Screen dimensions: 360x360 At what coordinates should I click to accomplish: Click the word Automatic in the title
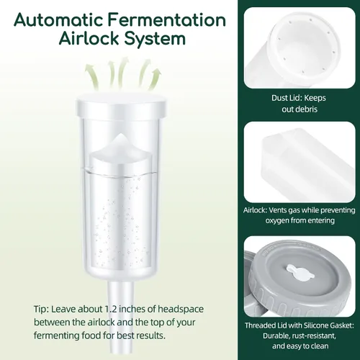(59, 20)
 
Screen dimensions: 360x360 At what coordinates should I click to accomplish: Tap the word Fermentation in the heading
(167, 20)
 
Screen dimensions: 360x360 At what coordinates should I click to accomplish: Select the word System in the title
(155, 39)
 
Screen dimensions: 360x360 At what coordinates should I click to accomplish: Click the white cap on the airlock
(122, 105)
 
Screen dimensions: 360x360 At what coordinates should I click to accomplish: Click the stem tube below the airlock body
(121, 319)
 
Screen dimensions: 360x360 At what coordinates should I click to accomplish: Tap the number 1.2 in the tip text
(111, 309)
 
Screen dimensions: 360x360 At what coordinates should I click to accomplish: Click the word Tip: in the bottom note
(41, 310)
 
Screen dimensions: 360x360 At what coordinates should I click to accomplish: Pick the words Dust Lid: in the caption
(287, 98)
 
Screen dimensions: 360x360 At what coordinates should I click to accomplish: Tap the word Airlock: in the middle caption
(255, 210)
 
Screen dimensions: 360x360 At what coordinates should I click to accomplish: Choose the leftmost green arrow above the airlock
(91, 77)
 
